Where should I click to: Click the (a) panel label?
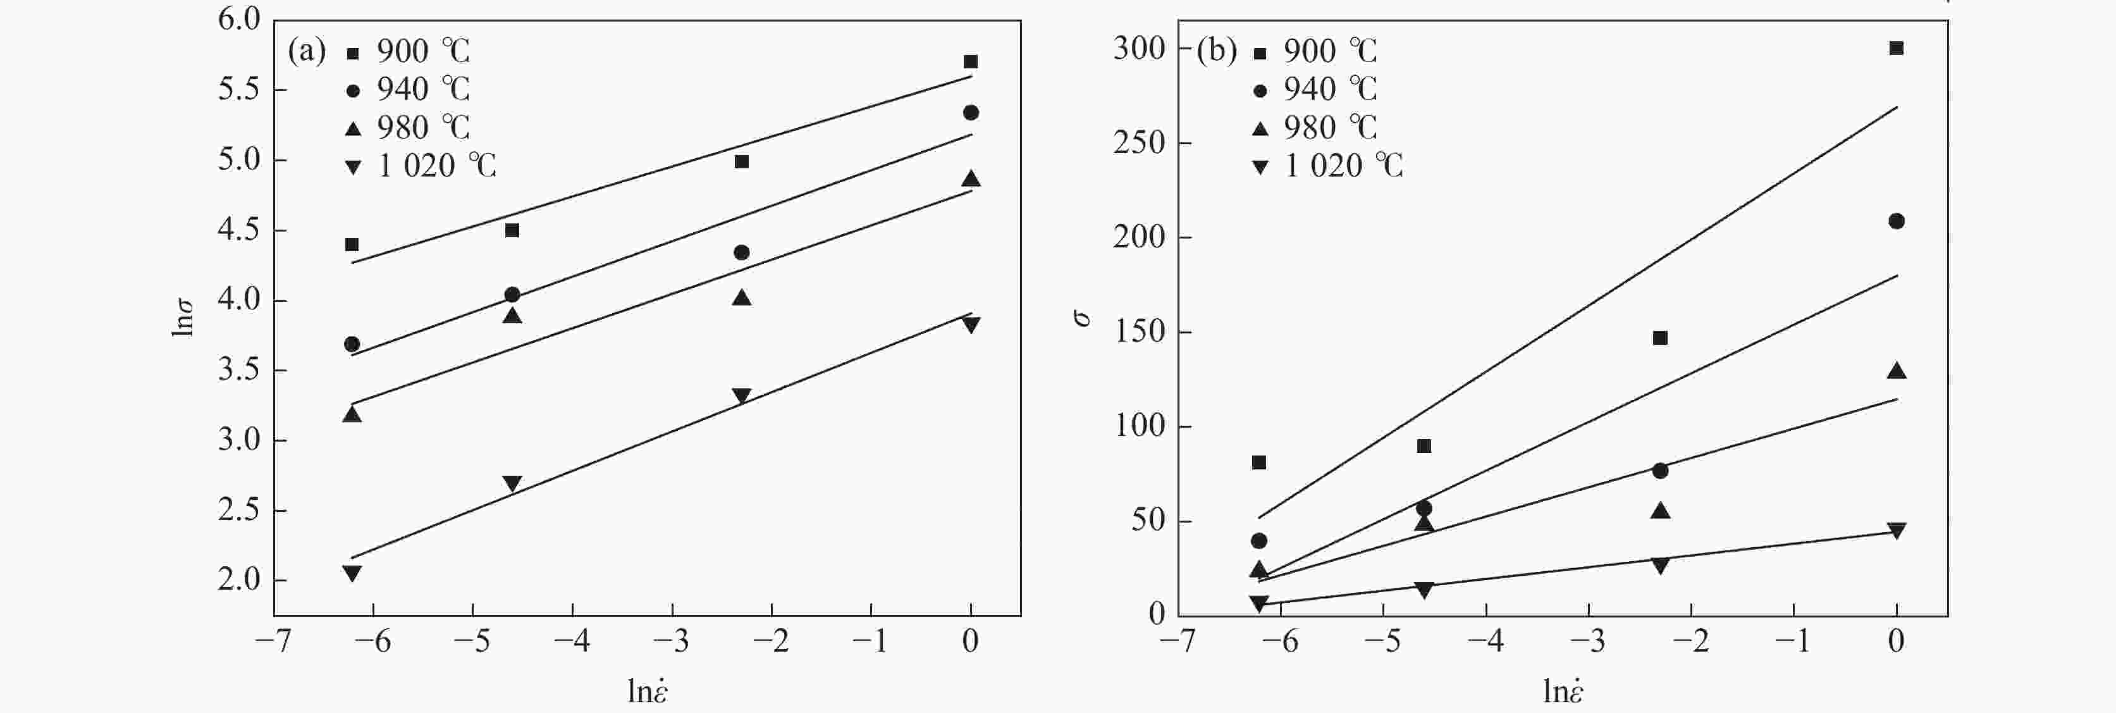(305, 52)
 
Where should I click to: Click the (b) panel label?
(1215, 52)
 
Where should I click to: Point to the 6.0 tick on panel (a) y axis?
(238, 20)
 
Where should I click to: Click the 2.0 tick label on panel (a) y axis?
(238, 580)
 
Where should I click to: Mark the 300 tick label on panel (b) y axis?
(1140, 49)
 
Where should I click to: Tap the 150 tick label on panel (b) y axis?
(1140, 332)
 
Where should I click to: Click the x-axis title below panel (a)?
(648, 691)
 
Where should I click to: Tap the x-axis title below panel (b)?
(1563, 691)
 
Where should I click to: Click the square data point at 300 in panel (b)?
(1897, 49)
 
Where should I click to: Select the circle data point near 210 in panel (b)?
(1897, 221)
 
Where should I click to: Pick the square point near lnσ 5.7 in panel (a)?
(970, 61)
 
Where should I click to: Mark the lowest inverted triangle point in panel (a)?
(352, 573)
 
